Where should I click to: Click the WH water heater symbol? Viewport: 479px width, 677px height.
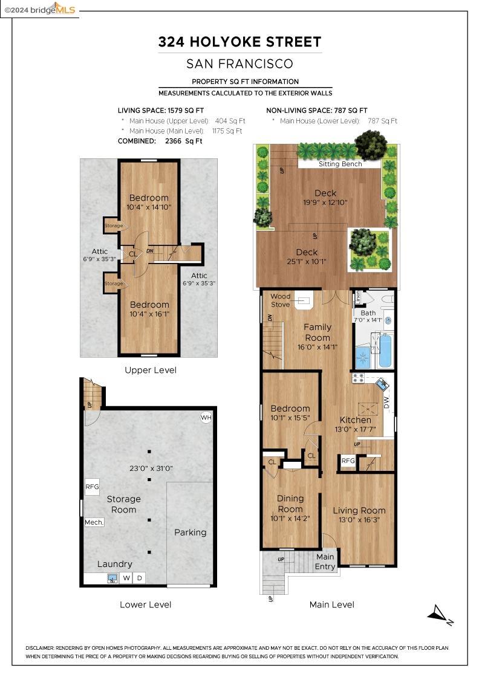click(206, 417)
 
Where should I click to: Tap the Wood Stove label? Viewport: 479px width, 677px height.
click(280, 300)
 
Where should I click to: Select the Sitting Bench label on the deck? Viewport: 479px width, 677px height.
click(341, 164)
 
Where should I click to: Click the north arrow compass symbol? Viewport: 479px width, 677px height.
click(440, 614)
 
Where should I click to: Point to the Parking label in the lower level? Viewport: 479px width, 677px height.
click(190, 533)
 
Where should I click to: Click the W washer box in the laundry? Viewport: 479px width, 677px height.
click(126, 578)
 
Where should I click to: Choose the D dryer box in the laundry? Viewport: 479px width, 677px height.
click(139, 578)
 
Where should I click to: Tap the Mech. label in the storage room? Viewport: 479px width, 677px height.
click(94, 522)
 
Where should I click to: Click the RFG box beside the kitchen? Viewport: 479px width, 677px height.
click(348, 461)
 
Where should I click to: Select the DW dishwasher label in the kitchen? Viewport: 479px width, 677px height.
click(387, 403)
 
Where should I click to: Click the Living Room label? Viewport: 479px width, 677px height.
click(359, 510)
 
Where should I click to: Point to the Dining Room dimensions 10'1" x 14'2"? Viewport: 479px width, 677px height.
click(290, 518)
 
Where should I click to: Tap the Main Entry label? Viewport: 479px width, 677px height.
click(325, 562)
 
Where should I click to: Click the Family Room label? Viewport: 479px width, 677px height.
click(318, 332)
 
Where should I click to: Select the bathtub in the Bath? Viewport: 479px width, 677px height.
click(385, 350)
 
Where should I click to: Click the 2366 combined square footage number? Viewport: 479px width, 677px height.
click(173, 141)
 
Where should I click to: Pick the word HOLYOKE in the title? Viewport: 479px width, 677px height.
click(225, 42)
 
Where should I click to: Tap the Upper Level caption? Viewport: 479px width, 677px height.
click(151, 370)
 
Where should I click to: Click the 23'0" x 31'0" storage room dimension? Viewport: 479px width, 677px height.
click(151, 468)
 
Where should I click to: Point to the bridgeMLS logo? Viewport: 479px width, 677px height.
click(40, 9)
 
